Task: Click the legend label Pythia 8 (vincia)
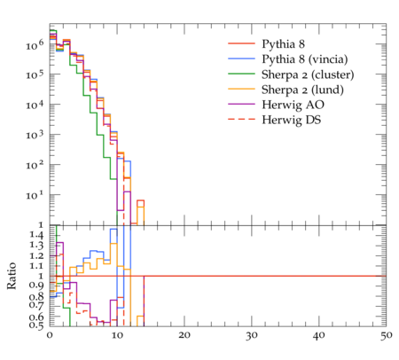tap(305, 59)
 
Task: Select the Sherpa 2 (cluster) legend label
tap(308, 74)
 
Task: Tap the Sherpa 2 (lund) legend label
tap(302, 90)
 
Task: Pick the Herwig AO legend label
tap(293, 105)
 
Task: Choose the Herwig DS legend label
tap(292, 120)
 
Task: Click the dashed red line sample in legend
tap(241, 119)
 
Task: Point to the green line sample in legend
tap(241, 74)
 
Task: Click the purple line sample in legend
tap(241, 104)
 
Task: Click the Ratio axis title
tap(12, 276)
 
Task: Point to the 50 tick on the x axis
tap(386, 335)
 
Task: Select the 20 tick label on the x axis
tap(184, 335)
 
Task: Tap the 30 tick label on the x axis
tap(252, 335)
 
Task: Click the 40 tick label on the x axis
tap(319, 335)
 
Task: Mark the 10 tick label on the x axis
tap(117, 335)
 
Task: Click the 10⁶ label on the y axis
tap(35, 45)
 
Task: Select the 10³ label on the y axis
tap(35, 136)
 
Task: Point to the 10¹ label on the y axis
tap(35, 195)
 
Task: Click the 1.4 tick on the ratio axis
tap(36, 235)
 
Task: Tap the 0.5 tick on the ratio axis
tap(36, 325)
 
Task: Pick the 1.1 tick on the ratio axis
tap(36, 266)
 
